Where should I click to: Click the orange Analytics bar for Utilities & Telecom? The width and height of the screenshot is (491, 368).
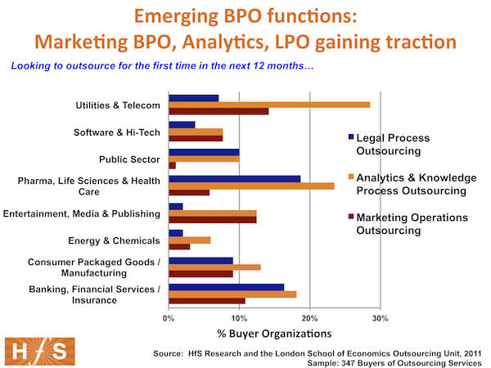click(269, 105)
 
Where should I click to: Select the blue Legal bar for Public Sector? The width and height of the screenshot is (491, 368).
click(204, 152)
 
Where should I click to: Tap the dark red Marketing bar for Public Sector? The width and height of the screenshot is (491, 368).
click(172, 165)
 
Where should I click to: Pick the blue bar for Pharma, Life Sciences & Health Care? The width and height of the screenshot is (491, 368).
click(235, 179)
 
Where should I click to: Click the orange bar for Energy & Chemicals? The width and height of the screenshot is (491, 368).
click(190, 240)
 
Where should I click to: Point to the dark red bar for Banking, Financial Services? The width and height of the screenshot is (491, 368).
click(207, 301)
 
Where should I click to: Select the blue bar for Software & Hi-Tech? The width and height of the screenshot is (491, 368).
click(182, 125)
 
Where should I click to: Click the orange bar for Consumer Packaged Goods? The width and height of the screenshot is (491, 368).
click(214, 267)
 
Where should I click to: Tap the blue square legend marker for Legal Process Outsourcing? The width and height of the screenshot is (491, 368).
click(351, 137)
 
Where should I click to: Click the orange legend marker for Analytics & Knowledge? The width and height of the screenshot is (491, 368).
click(351, 177)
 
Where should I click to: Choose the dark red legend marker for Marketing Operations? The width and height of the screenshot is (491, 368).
click(351, 217)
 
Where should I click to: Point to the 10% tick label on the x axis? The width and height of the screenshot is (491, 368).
click(239, 319)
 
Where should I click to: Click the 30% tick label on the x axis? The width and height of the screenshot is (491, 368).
click(381, 319)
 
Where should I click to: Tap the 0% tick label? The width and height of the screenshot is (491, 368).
click(169, 319)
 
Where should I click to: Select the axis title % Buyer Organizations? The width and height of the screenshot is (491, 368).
click(274, 334)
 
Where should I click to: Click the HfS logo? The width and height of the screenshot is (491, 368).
click(40, 352)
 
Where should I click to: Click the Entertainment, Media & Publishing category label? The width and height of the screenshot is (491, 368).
click(82, 213)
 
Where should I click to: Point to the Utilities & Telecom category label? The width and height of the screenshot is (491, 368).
click(118, 105)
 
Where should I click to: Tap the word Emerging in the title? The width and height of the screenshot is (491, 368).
click(176, 16)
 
